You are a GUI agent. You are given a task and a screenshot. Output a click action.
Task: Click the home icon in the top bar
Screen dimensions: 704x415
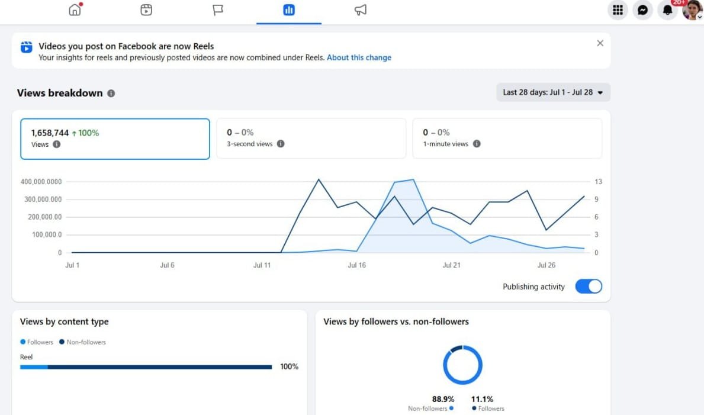75,9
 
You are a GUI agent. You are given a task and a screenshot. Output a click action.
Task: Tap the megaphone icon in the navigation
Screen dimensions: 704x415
361,10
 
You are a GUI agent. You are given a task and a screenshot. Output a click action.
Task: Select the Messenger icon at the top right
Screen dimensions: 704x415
642,10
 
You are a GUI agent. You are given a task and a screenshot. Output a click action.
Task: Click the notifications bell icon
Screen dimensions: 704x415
668,10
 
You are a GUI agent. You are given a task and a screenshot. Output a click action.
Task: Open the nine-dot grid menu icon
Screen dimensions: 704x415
618,10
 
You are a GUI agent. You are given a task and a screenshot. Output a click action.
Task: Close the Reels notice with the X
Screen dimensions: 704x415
600,43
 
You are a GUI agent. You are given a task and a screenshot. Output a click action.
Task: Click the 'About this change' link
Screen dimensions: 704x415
359,57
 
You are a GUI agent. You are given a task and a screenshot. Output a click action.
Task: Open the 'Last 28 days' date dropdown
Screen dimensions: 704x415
553,92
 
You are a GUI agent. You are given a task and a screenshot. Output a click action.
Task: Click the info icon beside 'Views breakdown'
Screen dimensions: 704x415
111,94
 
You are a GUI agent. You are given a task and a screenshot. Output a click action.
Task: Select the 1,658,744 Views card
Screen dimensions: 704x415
115,139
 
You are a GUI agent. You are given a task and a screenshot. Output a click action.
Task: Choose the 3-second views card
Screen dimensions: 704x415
311,139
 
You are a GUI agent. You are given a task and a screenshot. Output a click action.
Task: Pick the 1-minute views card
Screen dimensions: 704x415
507,139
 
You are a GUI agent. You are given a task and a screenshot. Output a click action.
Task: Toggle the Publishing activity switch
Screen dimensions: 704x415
589,287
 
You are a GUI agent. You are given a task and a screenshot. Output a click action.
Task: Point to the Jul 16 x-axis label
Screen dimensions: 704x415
356,265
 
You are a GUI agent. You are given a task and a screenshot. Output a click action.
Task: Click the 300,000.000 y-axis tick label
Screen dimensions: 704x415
43,200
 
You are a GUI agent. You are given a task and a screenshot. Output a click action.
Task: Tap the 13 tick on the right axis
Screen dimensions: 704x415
598,182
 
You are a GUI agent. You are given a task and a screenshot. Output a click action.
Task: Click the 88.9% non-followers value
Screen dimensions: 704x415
443,399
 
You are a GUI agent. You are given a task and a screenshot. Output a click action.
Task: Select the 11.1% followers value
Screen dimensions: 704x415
482,399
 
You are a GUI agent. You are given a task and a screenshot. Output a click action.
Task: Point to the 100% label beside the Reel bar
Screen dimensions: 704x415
289,366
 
